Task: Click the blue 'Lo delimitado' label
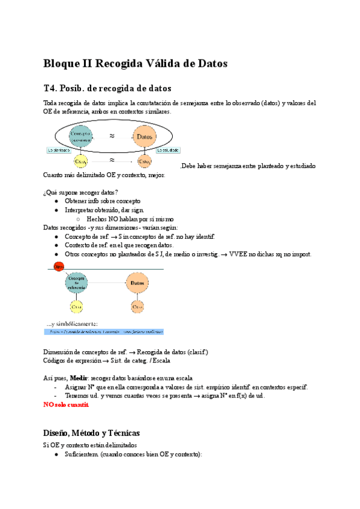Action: (x=58, y=151)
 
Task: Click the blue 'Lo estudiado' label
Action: (x=169, y=151)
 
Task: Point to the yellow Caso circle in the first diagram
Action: (x=80, y=161)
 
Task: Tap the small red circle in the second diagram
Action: (x=58, y=267)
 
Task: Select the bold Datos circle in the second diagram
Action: (x=137, y=283)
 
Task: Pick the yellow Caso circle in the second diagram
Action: (x=77, y=307)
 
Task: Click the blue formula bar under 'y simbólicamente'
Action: (x=104, y=331)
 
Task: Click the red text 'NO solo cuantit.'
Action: (x=66, y=405)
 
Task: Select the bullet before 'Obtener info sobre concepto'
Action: (x=56, y=201)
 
